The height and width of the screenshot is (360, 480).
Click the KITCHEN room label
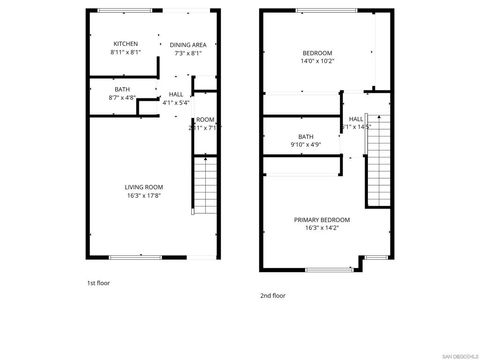[125, 44]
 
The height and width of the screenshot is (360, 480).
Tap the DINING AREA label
[187, 45]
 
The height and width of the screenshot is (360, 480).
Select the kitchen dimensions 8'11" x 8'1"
[125, 53]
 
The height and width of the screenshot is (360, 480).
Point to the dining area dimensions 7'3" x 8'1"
[187, 54]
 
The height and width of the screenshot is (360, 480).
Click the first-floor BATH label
[122, 89]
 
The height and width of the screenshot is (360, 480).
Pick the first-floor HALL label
[175, 94]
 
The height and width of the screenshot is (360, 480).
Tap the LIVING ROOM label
[144, 187]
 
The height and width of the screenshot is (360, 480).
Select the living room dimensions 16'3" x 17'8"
[144, 196]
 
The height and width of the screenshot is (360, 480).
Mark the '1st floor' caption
[98, 283]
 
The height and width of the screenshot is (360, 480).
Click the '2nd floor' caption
[272, 295]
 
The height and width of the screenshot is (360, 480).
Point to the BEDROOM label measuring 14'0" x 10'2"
[317, 52]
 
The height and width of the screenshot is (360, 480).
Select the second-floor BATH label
[305, 136]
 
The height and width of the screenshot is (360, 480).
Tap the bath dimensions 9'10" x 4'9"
[305, 145]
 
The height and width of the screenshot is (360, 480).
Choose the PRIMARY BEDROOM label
[322, 219]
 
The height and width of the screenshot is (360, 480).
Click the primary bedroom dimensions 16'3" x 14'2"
[322, 228]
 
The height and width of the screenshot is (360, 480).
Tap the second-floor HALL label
[356, 119]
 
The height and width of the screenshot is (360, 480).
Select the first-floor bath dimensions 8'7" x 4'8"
[122, 98]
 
